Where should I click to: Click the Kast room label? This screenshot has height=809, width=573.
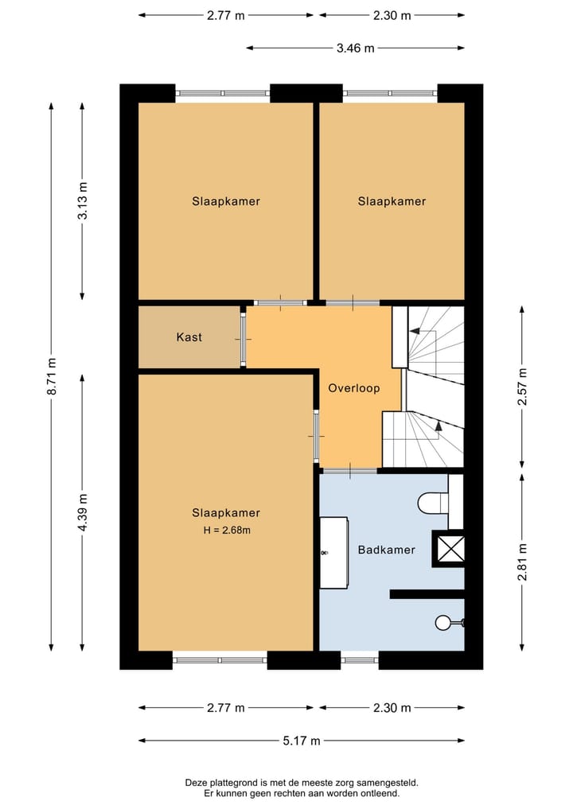189,337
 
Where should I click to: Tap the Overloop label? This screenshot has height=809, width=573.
353,389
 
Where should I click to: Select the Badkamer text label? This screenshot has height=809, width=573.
386,550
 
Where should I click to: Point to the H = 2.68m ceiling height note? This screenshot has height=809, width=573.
225,530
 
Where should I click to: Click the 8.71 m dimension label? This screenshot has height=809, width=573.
52,374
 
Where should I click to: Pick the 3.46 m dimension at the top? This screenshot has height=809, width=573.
355,48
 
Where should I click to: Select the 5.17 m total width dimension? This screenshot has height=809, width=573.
302,741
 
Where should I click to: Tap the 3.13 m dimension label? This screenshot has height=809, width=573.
83,202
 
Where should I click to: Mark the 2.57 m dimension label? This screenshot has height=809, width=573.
522,387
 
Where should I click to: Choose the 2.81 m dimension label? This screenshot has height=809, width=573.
522,562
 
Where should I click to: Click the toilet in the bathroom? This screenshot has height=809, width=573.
431,503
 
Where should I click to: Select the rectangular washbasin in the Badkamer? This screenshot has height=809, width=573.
333,552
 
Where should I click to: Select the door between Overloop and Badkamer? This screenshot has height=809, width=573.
349,471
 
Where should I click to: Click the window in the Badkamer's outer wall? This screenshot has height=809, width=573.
359,659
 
